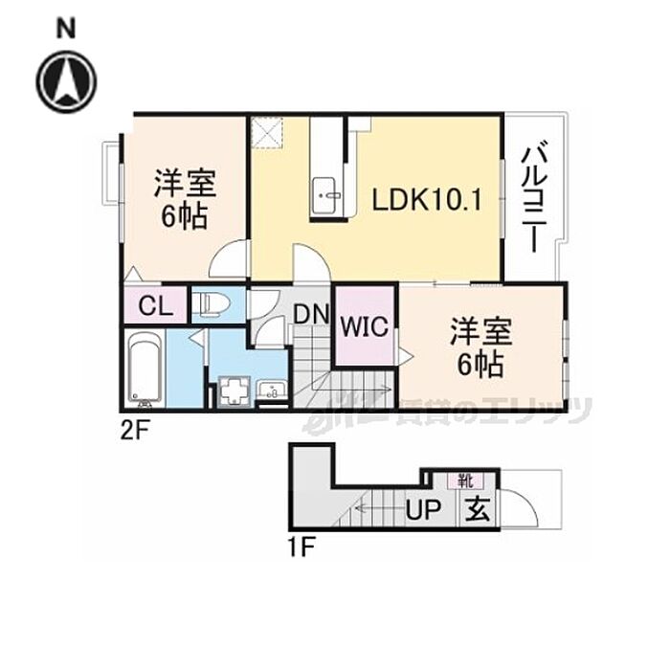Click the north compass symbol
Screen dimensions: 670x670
pyautogui.click(x=66, y=81)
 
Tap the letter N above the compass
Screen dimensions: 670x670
pyautogui.click(x=65, y=30)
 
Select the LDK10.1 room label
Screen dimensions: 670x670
pyautogui.click(x=426, y=202)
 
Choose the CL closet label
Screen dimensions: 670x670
pyautogui.click(x=155, y=307)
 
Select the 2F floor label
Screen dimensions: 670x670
pyautogui.click(x=135, y=431)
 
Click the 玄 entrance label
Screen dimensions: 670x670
pyautogui.click(x=478, y=509)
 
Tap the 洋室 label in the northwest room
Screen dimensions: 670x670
pyautogui.click(x=186, y=184)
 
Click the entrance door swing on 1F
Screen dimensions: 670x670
pyautogui.click(x=518, y=507)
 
